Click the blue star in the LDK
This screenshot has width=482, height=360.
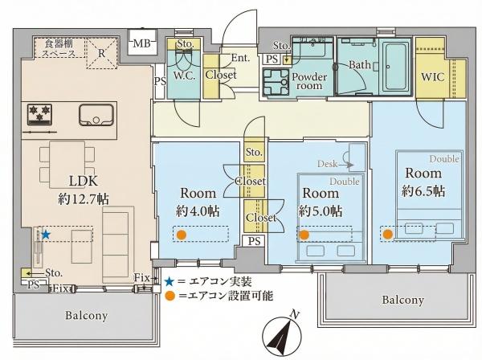pyautogui.click(x=46, y=235)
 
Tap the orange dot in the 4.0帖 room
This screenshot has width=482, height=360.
pyautogui.click(x=182, y=235)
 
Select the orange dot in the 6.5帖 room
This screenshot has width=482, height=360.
pyautogui.click(x=388, y=235)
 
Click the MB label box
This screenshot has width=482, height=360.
pyautogui.click(x=142, y=43)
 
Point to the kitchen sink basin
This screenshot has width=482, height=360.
pyautogui.click(x=96, y=115)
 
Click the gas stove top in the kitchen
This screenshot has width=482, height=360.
pyautogui.click(x=39, y=115)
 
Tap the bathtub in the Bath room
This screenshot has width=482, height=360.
pyautogui.click(x=395, y=67)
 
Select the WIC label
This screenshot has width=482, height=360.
pyautogui.click(x=433, y=76)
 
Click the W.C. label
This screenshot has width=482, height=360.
pyautogui.click(x=184, y=76)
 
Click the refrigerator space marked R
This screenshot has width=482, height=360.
pyautogui.click(x=102, y=53)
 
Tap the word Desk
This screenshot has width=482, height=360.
pyautogui.click(x=328, y=164)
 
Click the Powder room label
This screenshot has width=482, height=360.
pyautogui.click(x=309, y=81)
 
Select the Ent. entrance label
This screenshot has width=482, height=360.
pyautogui.click(x=241, y=58)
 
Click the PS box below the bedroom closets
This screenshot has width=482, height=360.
pyautogui.click(x=254, y=241)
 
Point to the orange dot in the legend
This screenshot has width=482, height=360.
pyautogui.click(x=170, y=296)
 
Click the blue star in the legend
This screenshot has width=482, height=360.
pyautogui.click(x=169, y=281)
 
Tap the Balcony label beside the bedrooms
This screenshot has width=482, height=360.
pyautogui.click(x=403, y=300)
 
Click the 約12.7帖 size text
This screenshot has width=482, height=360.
pyautogui.click(x=84, y=199)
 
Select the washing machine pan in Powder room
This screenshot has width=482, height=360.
pyautogui.click(x=276, y=82)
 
